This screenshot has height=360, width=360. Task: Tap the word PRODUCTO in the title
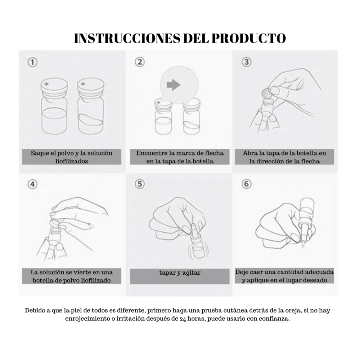click(x=249, y=38)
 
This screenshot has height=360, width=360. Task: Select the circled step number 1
click(x=33, y=62)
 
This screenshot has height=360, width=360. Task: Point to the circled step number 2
click(x=140, y=62)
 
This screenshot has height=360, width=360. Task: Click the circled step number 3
click(x=247, y=62)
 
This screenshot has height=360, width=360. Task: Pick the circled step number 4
click(x=33, y=184)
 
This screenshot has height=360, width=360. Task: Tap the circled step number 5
click(x=140, y=184)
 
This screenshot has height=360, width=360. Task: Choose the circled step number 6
click(x=247, y=184)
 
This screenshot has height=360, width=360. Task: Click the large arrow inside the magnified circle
click(x=174, y=85)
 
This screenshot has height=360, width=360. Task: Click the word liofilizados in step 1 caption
click(x=72, y=161)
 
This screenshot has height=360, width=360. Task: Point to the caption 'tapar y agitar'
click(x=180, y=273)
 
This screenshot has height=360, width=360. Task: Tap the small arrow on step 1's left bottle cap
click(x=46, y=84)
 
